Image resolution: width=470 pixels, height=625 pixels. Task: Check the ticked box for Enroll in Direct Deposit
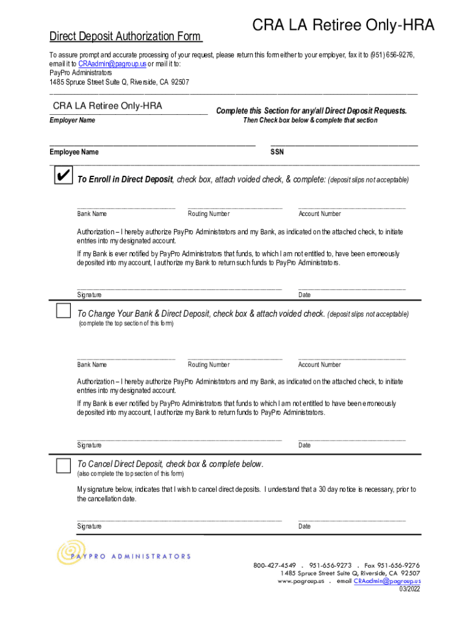[x=62, y=176]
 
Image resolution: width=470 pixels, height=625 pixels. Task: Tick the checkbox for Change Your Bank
[x=63, y=311]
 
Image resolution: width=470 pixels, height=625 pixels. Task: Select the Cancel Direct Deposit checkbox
[x=63, y=466]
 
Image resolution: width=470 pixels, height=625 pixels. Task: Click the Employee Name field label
[x=74, y=152]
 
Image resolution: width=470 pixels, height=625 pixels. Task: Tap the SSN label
[x=277, y=152]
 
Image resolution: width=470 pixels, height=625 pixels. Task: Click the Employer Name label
[x=72, y=120]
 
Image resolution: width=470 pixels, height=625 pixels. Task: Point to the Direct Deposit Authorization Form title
[x=126, y=37]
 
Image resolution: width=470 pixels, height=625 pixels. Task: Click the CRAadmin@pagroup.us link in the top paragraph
[x=111, y=63]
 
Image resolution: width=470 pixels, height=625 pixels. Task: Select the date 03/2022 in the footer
[x=410, y=589]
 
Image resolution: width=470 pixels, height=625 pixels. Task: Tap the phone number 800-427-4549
[x=275, y=565]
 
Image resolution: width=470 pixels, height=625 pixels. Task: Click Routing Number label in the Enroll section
[x=209, y=214]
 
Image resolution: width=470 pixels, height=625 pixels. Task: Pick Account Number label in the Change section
[x=319, y=365]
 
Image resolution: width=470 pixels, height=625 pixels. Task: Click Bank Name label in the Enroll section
[x=92, y=214]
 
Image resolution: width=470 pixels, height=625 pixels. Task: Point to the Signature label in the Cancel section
[x=89, y=526]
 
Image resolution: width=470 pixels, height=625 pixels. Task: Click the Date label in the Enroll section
[x=305, y=295]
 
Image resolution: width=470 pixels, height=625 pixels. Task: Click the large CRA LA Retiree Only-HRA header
[x=344, y=26]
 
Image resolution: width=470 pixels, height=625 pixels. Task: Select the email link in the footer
[x=387, y=581]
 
